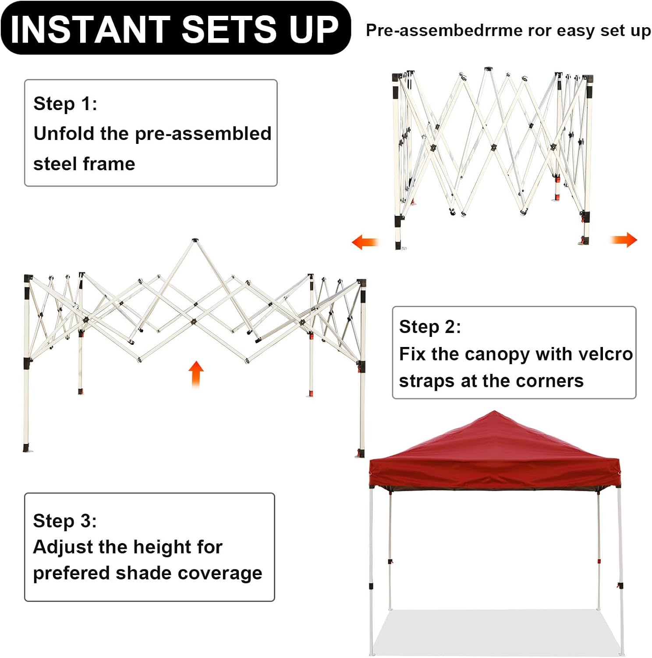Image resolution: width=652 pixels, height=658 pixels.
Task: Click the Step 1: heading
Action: [65, 104]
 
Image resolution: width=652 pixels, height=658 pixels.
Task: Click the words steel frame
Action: [84, 164]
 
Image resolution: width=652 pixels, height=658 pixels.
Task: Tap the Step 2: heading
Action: [430, 327]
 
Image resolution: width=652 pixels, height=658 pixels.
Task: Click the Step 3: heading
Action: [65, 521]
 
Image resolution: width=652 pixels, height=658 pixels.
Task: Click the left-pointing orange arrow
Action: [365, 242]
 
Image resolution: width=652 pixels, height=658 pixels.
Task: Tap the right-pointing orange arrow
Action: [624, 240]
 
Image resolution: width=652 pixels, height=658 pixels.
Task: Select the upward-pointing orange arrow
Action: [196, 374]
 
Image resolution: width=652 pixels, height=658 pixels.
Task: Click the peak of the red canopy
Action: [495, 412]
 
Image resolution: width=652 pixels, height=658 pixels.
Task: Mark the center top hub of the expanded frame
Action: [195, 240]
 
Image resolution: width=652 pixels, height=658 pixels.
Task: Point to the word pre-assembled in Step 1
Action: [203, 134]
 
